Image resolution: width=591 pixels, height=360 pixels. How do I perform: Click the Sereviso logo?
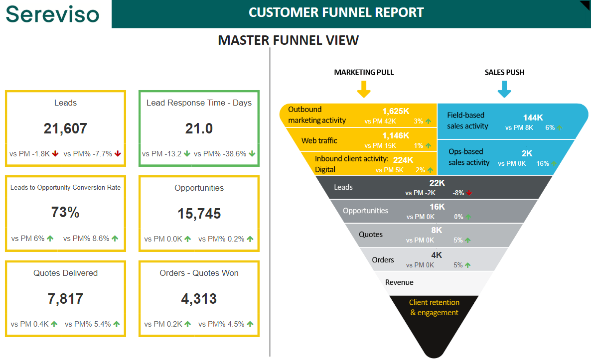(x=52, y=14)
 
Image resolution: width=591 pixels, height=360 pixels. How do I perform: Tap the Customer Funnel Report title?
(x=336, y=12)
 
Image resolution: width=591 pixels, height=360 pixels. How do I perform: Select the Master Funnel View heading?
(x=288, y=40)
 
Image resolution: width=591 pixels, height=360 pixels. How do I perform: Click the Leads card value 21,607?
(x=65, y=128)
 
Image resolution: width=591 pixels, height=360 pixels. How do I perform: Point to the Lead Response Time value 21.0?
(x=199, y=128)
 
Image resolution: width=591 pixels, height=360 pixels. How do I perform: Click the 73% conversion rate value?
(x=65, y=213)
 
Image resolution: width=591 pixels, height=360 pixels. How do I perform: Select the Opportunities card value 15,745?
(x=199, y=214)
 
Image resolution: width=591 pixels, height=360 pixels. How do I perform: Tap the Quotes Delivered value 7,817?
(x=65, y=299)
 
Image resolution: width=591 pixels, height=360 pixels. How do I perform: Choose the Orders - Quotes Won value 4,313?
(x=199, y=299)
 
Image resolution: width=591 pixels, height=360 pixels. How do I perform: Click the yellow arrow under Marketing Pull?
(x=364, y=89)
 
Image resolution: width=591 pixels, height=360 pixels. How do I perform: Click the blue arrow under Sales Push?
(x=505, y=89)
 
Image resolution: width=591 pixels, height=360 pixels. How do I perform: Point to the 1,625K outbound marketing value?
(x=396, y=111)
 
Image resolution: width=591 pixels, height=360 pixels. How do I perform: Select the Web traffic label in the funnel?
(x=319, y=141)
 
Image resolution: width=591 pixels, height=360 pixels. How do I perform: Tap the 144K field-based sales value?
(x=533, y=118)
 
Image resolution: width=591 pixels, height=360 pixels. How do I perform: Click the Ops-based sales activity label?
(x=469, y=157)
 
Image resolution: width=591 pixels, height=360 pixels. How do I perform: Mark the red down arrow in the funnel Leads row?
(x=469, y=193)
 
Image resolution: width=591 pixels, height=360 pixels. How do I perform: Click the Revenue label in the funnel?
(x=399, y=282)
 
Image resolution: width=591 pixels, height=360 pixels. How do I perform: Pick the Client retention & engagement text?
(x=434, y=308)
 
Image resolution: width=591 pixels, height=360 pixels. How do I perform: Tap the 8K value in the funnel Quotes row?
(x=437, y=230)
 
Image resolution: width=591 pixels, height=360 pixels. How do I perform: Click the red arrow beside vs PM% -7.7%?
(x=118, y=154)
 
